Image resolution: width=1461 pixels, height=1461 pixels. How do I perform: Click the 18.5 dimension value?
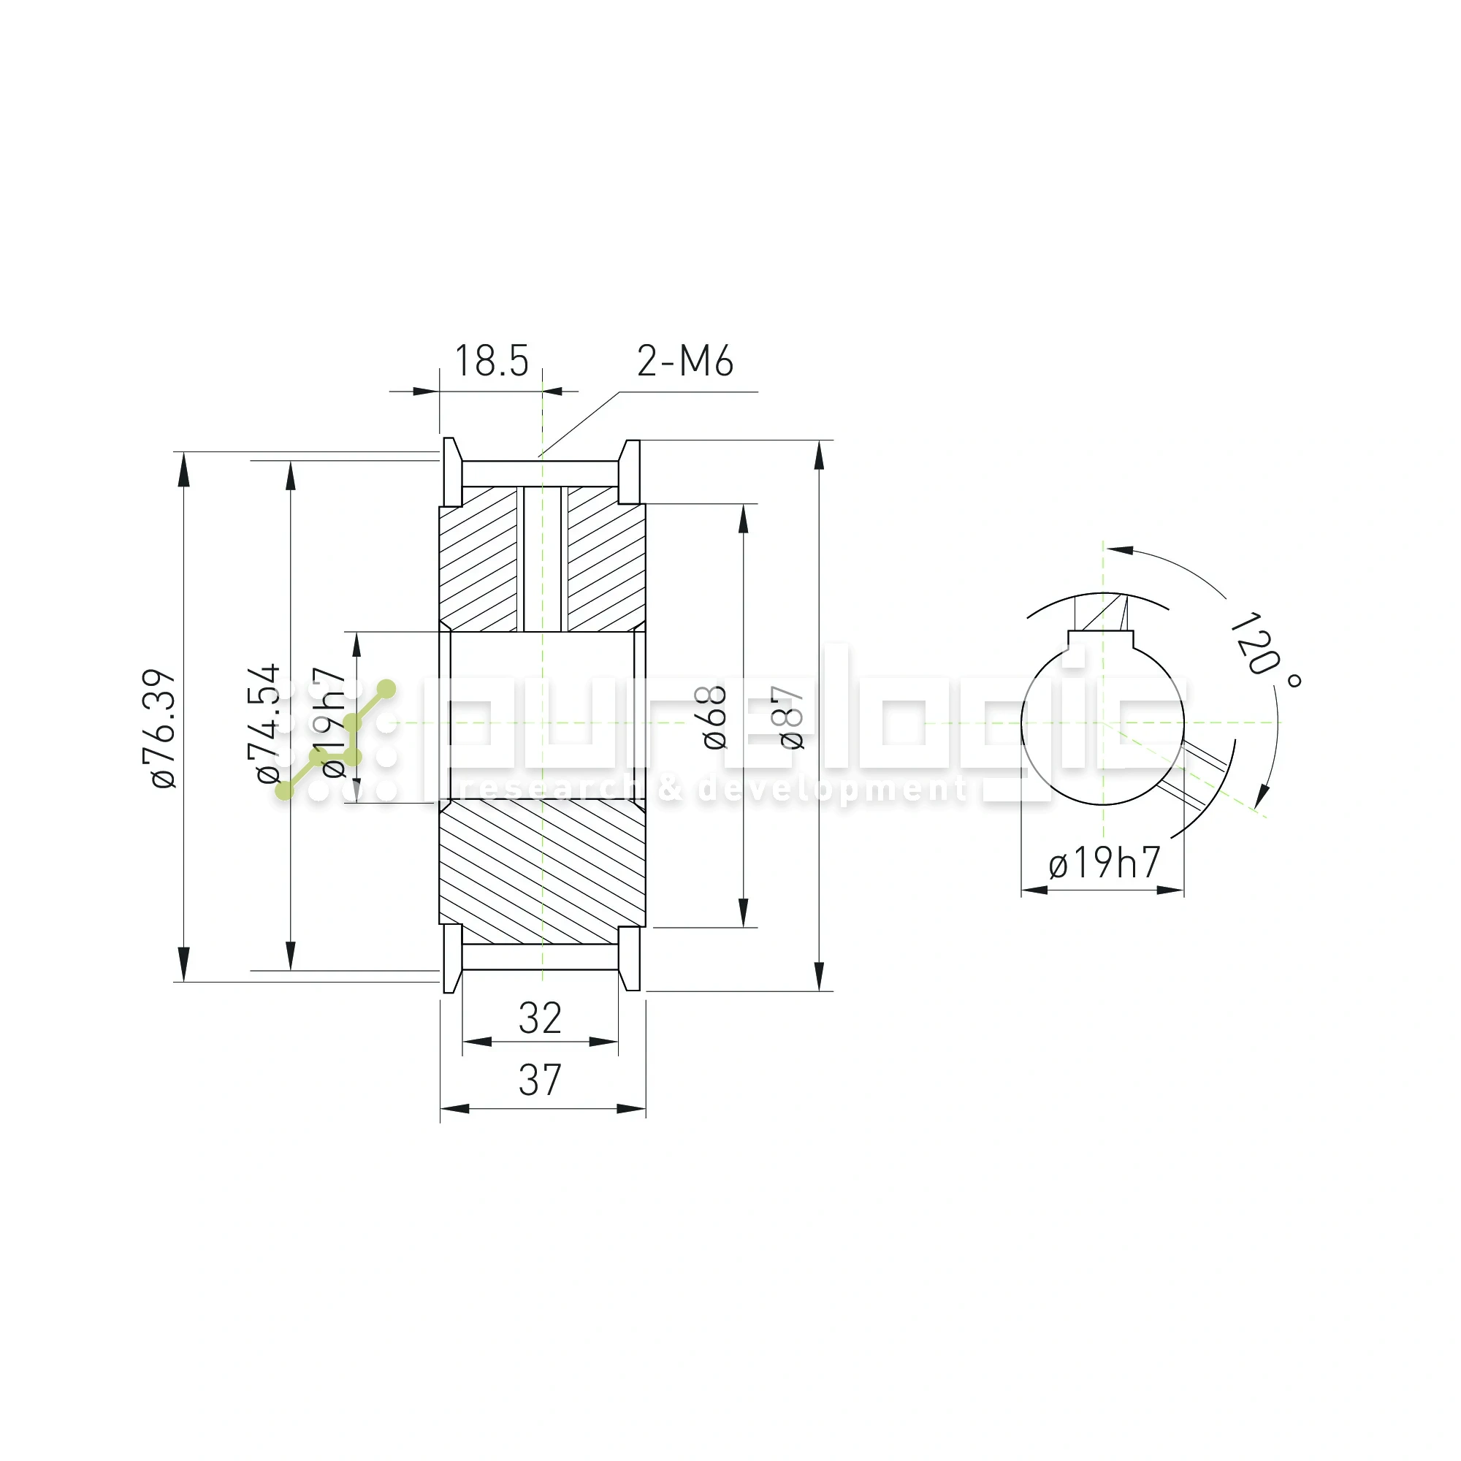click(x=491, y=361)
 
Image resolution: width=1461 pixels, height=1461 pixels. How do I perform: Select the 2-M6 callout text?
click(x=684, y=361)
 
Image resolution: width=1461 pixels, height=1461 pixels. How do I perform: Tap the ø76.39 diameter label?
click(x=164, y=728)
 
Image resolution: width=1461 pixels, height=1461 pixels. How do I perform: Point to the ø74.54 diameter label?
click(x=267, y=724)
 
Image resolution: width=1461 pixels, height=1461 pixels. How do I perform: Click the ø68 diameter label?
click(x=714, y=717)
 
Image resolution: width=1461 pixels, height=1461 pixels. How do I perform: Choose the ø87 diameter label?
click(x=792, y=717)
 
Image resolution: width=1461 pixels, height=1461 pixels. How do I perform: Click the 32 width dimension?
click(x=540, y=1018)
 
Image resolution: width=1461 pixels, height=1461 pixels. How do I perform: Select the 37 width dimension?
click(x=540, y=1080)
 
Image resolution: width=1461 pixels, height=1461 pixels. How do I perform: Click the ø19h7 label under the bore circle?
click(x=1103, y=863)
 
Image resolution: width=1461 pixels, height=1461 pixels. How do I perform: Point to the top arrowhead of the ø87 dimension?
click(x=820, y=457)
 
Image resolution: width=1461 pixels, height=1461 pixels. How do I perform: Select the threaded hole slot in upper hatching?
click(x=542, y=560)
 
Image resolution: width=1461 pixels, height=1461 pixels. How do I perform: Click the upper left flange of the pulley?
click(x=451, y=472)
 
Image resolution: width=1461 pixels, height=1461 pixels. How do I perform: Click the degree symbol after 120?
click(x=1294, y=681)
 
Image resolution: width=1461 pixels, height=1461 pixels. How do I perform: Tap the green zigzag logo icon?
click(x=336, y=740)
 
